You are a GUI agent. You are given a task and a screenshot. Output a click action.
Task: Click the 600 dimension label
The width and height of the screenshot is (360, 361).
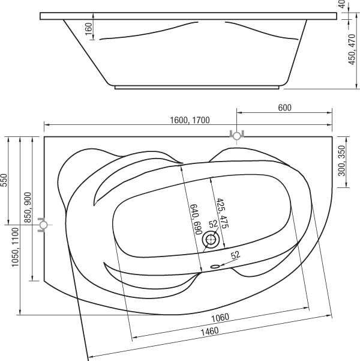pos(284,108)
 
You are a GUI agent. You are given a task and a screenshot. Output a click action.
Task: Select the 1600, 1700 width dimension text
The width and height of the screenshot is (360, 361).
pos(190,120)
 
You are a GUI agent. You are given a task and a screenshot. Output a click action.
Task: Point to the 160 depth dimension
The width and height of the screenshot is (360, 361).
pos(89,29)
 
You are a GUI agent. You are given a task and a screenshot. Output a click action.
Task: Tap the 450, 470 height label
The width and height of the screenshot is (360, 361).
pos(352,49)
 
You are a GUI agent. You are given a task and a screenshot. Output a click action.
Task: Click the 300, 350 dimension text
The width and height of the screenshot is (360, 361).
pos(342,160)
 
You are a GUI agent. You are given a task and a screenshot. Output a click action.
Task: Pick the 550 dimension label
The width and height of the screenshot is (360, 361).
pos(4,180)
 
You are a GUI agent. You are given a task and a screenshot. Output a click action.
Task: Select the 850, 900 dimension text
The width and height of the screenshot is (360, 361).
pos(28,207)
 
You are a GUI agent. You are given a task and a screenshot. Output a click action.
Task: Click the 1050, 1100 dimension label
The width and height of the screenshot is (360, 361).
pos(15,247)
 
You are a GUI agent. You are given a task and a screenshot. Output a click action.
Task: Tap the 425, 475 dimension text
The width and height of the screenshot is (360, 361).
pos(222,213)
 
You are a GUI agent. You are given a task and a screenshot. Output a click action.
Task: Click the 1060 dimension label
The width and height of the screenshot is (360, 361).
pos(220,318)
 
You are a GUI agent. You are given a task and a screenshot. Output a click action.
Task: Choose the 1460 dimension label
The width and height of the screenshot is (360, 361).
pos(209,332)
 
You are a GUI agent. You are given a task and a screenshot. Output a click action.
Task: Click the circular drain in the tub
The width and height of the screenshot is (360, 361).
pos(211,240)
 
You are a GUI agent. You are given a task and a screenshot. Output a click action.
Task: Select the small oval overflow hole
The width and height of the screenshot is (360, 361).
pos(215,267)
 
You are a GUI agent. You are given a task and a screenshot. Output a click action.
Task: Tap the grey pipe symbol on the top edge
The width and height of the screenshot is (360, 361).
pos(237,135)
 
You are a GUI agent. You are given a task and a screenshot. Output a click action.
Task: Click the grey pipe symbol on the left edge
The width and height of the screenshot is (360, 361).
pos(43,225)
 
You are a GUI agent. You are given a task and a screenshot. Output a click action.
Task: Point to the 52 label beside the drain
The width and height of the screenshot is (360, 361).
pos(213,224)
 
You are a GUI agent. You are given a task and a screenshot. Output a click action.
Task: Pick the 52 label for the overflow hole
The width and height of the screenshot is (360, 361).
pos(235,255)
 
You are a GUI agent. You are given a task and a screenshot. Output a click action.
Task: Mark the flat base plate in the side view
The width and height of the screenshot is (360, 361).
pos(197,88)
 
